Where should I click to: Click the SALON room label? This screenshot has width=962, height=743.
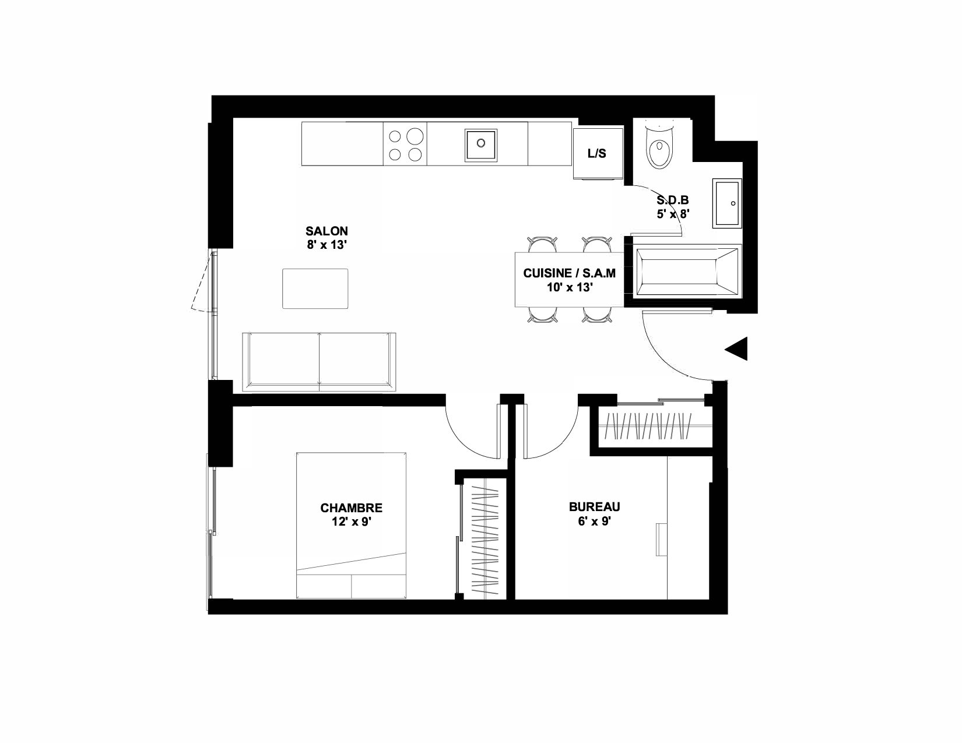click(326, 231)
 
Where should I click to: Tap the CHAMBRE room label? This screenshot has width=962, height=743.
click(352, 508)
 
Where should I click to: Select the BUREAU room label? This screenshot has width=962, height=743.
click(595, 506)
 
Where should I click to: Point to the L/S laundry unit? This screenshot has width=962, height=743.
click(598, 154)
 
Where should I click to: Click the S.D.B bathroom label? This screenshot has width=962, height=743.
click(672, 200)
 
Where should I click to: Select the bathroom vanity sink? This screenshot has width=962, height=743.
click(727, 203)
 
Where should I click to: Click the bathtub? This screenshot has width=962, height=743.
click(687, 272)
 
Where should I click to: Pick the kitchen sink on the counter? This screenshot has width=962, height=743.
click(481, 145)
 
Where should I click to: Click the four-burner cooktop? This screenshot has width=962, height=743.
click(405, 144)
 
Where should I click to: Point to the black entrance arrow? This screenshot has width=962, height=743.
click(736, 348)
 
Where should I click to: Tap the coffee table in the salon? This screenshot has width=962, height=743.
click(315, 288)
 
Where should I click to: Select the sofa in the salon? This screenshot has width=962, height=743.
click(319, 362)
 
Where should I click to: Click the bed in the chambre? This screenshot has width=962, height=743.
click(352, 526)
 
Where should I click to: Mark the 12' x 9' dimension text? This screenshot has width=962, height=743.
click(352, 522)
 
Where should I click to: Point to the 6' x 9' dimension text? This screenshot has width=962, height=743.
click(595, 522)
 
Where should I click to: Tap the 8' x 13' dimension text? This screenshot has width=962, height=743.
click(326, 245)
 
